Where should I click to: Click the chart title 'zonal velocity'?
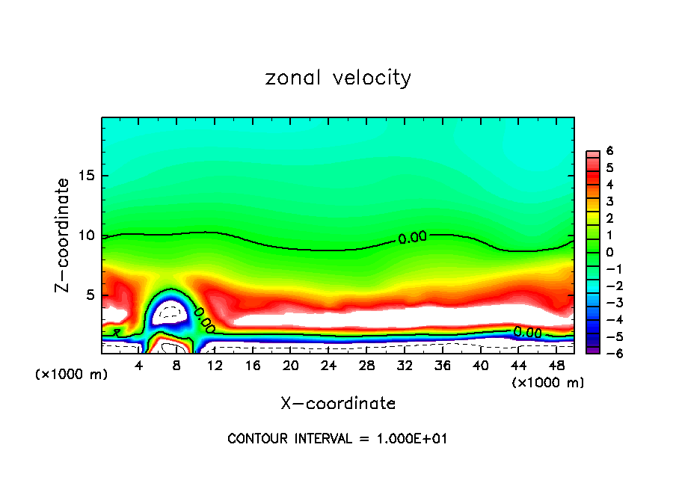(338, 78)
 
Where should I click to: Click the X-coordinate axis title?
(338, 404)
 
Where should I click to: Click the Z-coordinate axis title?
(64, 235)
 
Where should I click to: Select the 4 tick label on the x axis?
(139, 366)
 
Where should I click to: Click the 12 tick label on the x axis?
(215, 366)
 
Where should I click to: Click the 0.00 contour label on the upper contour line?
(412, 238)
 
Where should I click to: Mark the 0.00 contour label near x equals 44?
(527, 332)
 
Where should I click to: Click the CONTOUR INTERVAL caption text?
(337, 439)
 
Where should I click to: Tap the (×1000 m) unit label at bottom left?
(71, 375)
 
